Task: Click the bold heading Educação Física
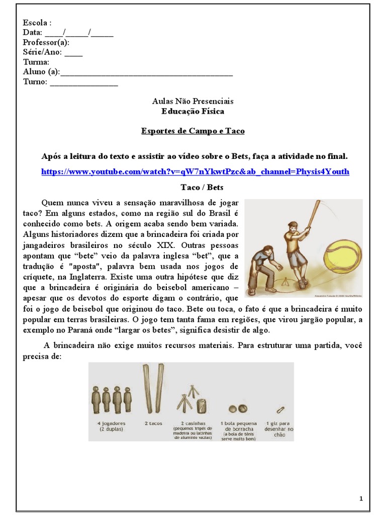(193, 111)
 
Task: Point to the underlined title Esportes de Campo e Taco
(193, 131)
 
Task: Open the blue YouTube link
(195, 171)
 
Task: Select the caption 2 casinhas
(192, 423)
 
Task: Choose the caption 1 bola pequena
(238, 423)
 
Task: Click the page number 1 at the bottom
(361, 498)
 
